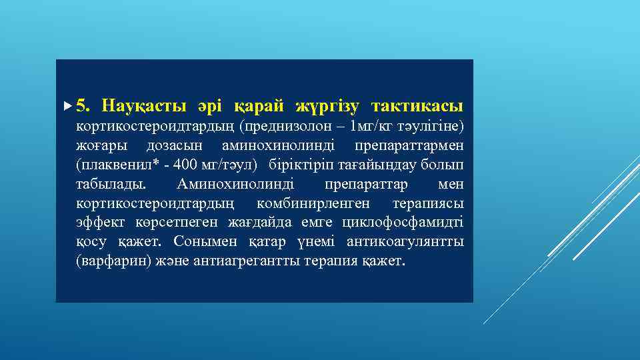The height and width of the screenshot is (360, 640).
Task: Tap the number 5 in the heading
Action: click(x=81, y=106)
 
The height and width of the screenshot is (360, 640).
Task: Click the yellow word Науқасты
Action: click(x=142, y=106)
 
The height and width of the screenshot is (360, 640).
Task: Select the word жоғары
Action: click(x=99, y=145)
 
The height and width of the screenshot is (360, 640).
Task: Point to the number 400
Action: click(x=175, y=164)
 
